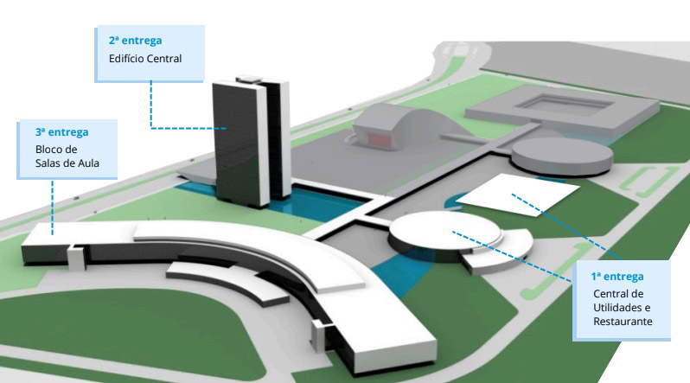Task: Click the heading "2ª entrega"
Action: tap(136, 41)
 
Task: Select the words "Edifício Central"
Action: tap(145, 59)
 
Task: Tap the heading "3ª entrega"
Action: tap(62, 132)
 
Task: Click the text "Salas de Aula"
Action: tap(67, 163)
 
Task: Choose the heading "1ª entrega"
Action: tap(617, 277)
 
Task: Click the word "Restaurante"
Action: tap(623, 322)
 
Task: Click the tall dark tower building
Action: tap(251, 141)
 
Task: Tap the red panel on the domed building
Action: tap(380, 139)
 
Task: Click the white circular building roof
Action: tap(445, 230)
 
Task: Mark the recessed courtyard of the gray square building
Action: tap(565, 104)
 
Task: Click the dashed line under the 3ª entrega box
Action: tap(53, 207)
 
